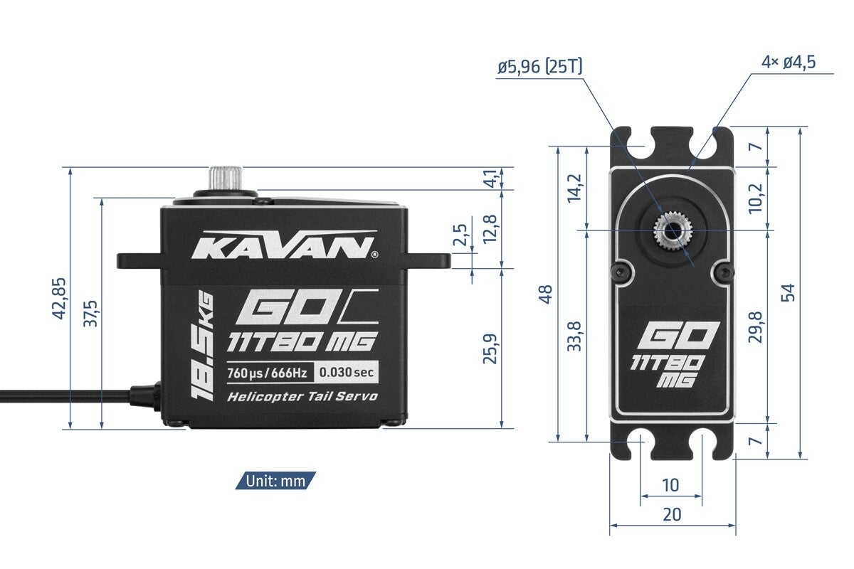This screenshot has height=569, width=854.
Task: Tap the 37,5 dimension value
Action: click(x=90, y=314)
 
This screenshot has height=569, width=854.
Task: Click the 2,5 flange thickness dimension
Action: click(x=460, y=235)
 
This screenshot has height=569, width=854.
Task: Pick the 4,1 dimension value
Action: click(x=490, y=179)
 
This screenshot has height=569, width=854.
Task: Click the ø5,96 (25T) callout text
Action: click(x=540, y=67)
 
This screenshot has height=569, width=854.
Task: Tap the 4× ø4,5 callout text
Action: click(x=788, y=62)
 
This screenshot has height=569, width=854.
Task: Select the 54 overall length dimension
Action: click(x=787, y=292)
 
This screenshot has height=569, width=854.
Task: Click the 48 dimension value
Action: click(x=546, y=294)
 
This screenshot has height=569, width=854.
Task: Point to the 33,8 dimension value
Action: click(x=575, y=336)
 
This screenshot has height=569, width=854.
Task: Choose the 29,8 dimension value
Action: click(x=756, y=326)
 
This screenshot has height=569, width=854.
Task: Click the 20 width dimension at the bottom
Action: click(x=672, y=514)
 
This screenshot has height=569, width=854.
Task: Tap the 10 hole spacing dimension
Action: click(x=670, y=485)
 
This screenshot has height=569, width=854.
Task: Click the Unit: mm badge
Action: click(x=275, y=481)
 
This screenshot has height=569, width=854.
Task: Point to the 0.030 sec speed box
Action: click(x=346, y=372)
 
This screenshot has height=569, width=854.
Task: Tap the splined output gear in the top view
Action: click(x=673, y=230)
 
